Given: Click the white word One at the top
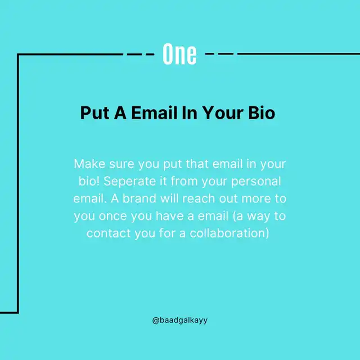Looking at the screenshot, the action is pyautogui.click(x=179, y=54).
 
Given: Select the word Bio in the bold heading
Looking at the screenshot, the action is pyautogui.click(x=262, y=112).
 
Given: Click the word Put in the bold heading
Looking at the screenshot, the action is pyautogui.click(x=94, y=112).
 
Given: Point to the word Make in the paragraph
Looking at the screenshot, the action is pyautogui.click(x=89, y=164).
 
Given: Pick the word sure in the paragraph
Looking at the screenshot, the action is pyautogui.click(x=121, y=164).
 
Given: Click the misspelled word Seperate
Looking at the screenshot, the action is pyautogui.click(x=130, y=181).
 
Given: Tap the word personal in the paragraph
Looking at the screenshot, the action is pyautogui.click(x=256, y=182).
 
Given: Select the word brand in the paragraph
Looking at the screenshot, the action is pyautogui.click(x=139, y=199).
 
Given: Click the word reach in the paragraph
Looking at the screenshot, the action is pyautogui.click(x=199, y=199).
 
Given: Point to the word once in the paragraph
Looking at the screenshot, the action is pyautogui.click(x=112, y=216).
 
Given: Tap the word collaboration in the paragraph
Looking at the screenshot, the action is pyautogui.click(x=229, y=233).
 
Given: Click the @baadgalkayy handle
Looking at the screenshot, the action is pyautogui.click(x=180, y=320).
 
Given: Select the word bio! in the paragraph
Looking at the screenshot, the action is pyautogui.click(x=89, y=181).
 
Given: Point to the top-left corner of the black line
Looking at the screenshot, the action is pyautogui.click(x=18, y=55).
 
